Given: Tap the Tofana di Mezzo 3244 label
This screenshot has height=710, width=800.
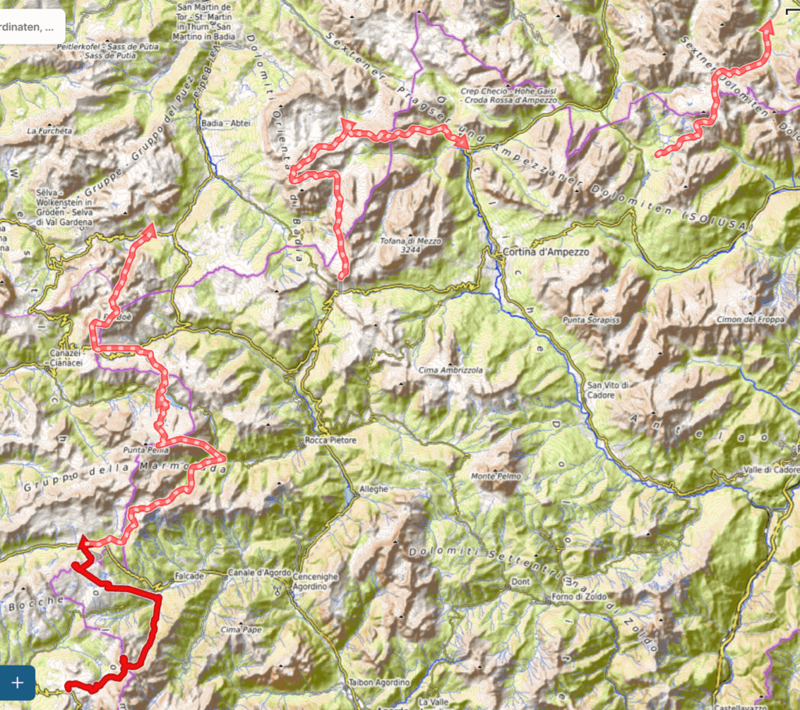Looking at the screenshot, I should [411, 246].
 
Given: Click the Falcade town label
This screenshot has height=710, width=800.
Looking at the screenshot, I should [190, 576].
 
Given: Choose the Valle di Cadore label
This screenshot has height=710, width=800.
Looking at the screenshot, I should [770, 469].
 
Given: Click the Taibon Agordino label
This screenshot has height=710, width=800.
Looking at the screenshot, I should [378, 682].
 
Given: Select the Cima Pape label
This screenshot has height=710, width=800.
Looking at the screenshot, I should [239, 629].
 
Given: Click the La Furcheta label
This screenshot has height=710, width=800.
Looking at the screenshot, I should [49, 130].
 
